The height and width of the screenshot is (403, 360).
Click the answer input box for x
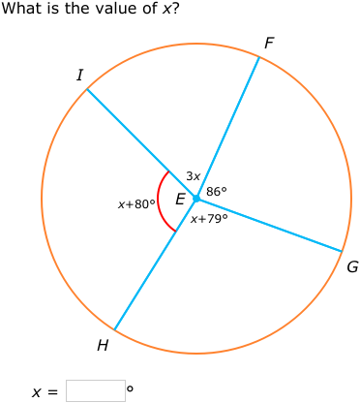(95, 390)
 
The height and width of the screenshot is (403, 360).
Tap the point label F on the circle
(269, 43)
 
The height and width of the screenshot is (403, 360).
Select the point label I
(79, 75)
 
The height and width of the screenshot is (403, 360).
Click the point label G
(352, 266)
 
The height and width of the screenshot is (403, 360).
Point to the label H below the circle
(103, 346)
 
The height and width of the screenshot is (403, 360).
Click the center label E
(180, 200)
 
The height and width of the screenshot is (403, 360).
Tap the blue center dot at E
(196, 199)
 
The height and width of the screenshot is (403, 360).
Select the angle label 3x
(193, 176)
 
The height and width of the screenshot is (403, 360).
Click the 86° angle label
(217, 192)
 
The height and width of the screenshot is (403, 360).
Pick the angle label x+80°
(136, 204)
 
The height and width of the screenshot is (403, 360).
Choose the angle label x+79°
(209, 219)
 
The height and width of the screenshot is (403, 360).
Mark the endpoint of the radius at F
(259, 57)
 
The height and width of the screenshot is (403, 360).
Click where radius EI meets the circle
(87, 89)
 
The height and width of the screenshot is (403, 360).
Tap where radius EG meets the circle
(343, 252)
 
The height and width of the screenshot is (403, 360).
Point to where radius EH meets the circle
(114, 330)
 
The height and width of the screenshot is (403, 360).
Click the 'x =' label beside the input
(45, 392)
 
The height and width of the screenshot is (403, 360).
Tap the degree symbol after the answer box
(130, 388)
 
